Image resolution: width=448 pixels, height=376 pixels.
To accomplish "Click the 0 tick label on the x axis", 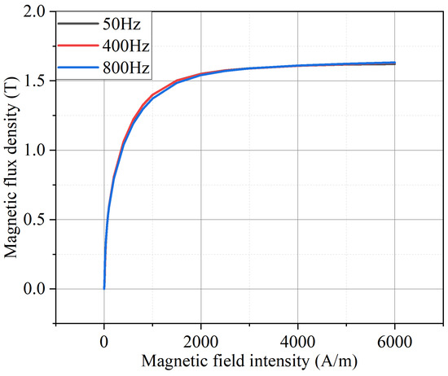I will click(104, 340).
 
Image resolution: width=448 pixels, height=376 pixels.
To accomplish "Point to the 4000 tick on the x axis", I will click(298, 340).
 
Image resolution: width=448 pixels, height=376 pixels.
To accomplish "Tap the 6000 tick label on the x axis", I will click(395, 340).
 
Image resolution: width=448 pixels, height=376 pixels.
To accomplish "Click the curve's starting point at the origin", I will click(104, 288).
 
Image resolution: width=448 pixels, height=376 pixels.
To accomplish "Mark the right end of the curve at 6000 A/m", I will click(395, 63).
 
